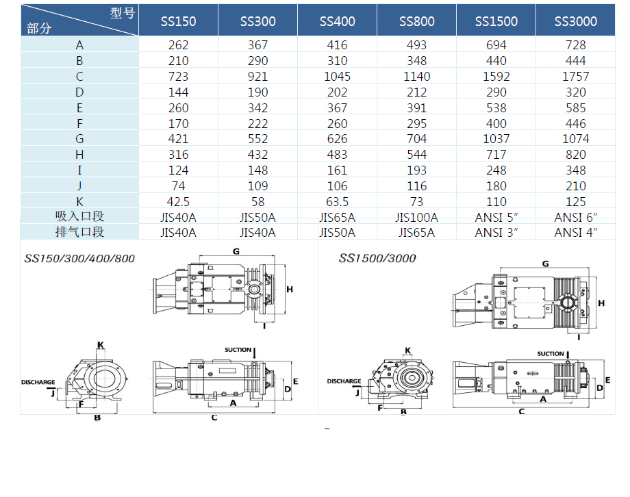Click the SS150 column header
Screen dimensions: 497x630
(178, 21)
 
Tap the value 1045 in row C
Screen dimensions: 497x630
(337, 77)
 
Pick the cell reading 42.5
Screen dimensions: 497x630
(178, 202)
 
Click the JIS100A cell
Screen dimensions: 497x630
(416, 218)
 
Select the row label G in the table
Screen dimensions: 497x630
(79, 139)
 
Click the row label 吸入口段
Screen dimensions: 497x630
(79, 217)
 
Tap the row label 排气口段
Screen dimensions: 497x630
(79, 232)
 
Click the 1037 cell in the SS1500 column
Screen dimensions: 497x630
(496, 139)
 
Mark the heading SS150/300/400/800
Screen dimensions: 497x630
(79, 258)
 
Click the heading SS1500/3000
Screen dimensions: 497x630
(377, 258)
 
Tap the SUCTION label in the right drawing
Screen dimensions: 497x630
(551, 354)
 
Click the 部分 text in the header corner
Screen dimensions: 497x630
(38, 28)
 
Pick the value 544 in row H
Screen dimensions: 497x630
(416, 155)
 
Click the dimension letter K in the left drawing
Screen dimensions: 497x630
(101, 344)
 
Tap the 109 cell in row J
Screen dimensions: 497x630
(257, 186)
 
